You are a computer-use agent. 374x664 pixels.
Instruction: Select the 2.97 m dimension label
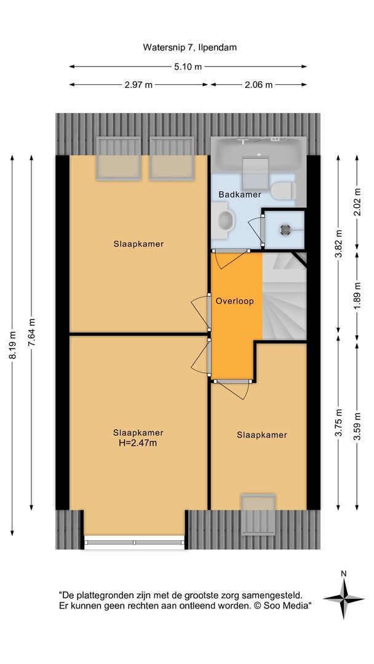click(140, 85)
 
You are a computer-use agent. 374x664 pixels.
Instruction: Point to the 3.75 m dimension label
click(338, 423)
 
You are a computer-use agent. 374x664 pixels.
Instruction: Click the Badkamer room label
click(240, 194)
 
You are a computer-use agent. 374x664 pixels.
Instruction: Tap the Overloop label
click(234, 301)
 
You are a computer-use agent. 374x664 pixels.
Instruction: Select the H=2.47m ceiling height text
click(138, 443)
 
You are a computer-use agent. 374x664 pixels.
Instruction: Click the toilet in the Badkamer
click(283, 190)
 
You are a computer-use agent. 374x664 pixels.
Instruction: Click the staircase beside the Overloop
click(284, 295)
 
